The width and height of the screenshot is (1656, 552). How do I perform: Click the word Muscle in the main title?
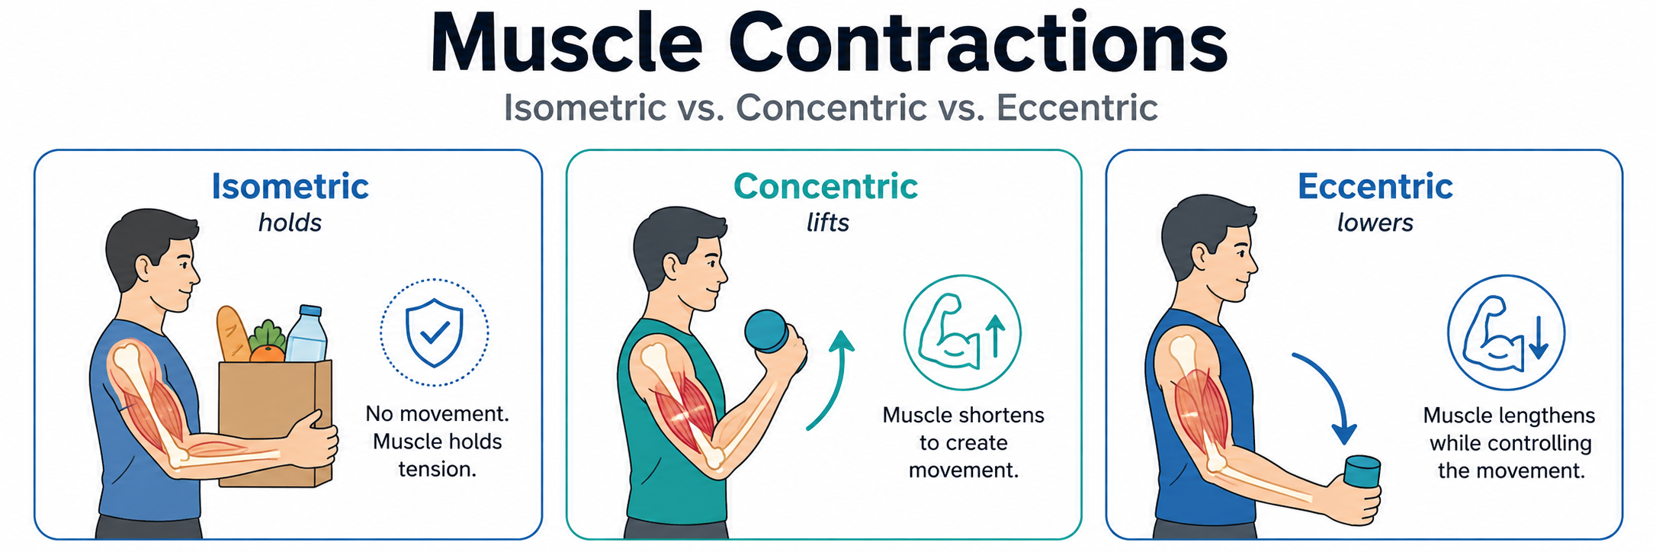[566, 43]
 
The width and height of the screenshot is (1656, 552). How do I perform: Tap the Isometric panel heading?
[290, 187]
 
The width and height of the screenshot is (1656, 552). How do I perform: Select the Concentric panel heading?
[826, 187]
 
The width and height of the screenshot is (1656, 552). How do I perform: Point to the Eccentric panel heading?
[1375, 187]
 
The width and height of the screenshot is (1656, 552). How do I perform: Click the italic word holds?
[290, 223]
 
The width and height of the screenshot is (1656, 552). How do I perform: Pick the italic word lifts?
[828, 223]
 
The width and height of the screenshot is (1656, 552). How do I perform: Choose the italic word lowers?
[1375, 223]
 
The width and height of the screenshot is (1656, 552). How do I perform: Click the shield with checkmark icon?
[434, 332]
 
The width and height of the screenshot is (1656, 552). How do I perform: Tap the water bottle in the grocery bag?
[306, 333]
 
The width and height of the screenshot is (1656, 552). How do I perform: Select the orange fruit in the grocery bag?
[267, 353]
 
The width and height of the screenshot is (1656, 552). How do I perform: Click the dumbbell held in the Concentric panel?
[770, 332]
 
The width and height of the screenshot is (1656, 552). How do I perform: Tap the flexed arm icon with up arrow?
[961, 333]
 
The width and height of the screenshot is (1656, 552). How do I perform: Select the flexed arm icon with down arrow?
[1506, 333]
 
